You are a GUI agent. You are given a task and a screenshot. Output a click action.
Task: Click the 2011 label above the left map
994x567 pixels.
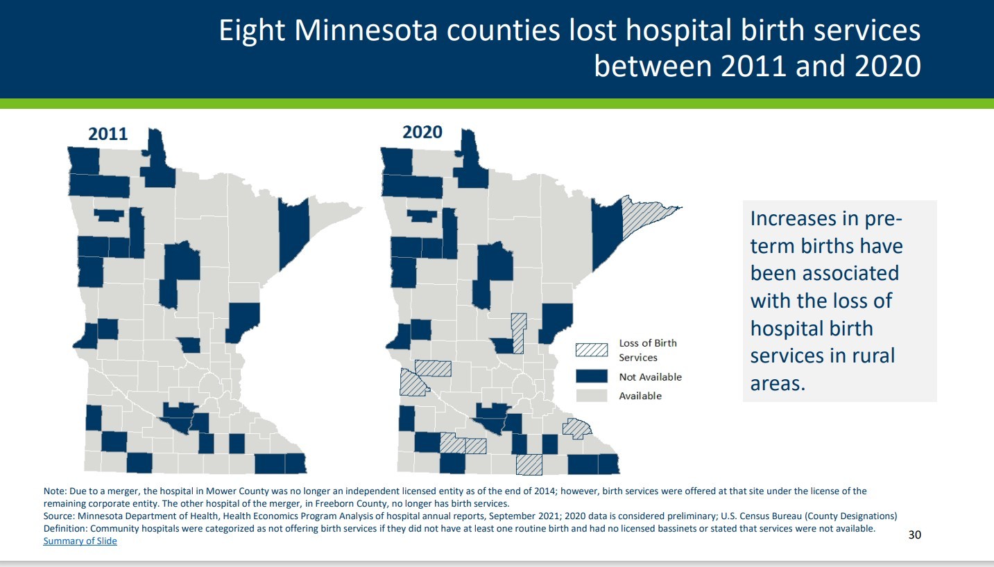(108, 134)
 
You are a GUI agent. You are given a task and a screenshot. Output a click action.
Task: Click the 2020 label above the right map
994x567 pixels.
(422, 132)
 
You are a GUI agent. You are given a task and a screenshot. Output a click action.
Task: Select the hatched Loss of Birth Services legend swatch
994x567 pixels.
(591, 349)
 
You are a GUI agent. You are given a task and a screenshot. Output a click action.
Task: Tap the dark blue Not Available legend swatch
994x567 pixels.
(591, 377)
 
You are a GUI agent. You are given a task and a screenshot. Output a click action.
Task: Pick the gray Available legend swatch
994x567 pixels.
(591, 396)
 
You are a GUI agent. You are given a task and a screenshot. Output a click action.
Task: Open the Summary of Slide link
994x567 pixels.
(80, 541)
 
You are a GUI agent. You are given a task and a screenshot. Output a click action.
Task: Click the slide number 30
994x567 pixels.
(914, 534)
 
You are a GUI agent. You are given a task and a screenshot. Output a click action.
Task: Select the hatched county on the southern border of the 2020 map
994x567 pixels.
(529, 464)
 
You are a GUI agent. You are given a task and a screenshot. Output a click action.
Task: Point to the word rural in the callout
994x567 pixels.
(868, 355)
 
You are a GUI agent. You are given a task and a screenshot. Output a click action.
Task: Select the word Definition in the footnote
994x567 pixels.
(65, 529)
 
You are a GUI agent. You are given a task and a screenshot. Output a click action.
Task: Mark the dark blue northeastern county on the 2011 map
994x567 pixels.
(294, 235)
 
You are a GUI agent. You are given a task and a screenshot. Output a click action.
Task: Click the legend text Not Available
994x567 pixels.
(650, 377)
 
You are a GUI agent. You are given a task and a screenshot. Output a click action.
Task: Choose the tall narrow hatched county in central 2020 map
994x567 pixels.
(518, 333)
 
